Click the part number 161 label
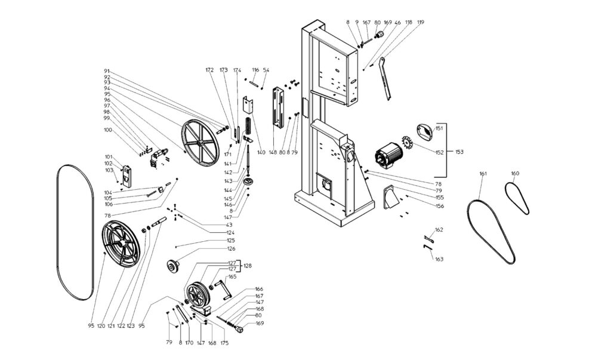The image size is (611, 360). [483, 174]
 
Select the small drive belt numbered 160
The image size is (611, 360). [517, 198]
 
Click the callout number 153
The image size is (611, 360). [459, 152]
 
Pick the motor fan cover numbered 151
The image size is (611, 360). [425, 131]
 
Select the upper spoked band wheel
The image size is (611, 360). [200, 139]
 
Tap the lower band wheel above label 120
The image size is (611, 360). [124, 246]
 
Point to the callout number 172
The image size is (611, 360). [209, 70]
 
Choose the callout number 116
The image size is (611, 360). [255, 70]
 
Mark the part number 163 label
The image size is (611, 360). [439, 259]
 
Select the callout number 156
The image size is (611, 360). [439, 206]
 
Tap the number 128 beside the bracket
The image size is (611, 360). [248, 266]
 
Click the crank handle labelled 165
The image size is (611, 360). [222, 290]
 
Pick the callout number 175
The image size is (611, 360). [224, 343]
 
